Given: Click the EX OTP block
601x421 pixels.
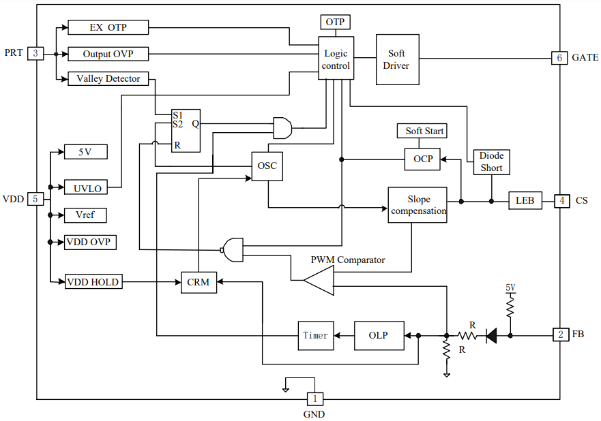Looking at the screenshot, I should tap(108, 27).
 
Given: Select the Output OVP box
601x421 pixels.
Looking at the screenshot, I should tap(108, 53).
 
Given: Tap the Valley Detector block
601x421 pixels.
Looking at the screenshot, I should tap(108, 78).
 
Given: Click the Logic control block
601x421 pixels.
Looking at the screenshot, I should tap(336, 59).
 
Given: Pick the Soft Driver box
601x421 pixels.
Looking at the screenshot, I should tap(397, 59).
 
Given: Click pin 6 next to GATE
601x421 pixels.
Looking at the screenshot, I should tap(559, 58).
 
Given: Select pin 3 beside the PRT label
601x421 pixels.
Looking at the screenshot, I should tap(35, 53).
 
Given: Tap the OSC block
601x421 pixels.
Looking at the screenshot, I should tap(267, 166).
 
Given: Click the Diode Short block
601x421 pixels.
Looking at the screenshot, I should tap(491, 162).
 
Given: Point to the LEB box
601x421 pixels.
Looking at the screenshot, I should tap(525, 201).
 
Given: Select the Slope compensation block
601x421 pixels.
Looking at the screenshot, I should tap(418, 205).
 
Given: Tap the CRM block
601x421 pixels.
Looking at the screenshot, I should tap(199, 281).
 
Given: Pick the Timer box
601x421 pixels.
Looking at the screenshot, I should tap(315, 335).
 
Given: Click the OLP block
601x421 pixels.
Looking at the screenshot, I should tap(378, 335).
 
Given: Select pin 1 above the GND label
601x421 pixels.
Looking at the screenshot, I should tap(314, 399).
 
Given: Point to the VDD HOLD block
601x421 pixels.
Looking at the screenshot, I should tap(93, 281).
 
